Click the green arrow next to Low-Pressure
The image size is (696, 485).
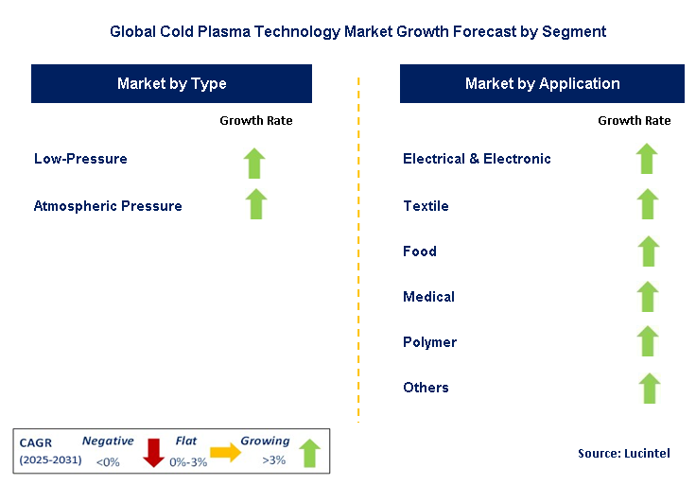[x=254, y=164]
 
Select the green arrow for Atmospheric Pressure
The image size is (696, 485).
[x=256, y=204]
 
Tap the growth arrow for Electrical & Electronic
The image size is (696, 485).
[x=647, y=159]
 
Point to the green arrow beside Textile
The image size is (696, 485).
[x=648, y=204]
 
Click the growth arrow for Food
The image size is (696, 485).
[x=649, y=251]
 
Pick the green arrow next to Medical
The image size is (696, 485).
[x=648, y=297]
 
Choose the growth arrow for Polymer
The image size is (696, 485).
[x=648, y=341]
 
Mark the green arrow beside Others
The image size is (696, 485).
[x=650, y=389]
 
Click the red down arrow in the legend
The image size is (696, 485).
[x=154, y=453]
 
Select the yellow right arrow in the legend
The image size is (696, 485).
[x=225, y=452]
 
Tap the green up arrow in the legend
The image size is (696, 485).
[x=309, y=454]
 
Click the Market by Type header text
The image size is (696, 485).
[x=172, y=84]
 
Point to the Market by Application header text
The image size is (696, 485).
[x=543, y=84]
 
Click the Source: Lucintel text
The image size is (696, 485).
[x=624, y=453]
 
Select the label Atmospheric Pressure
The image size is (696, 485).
[x=108, y=206]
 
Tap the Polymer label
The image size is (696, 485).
[x=429, y=342]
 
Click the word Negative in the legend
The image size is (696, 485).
[x=108, y=441]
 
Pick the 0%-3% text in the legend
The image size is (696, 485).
[x=188, y=462]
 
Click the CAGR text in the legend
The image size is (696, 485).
[x=36, y=442]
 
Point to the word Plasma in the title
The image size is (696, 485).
[x=224, y=31]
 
